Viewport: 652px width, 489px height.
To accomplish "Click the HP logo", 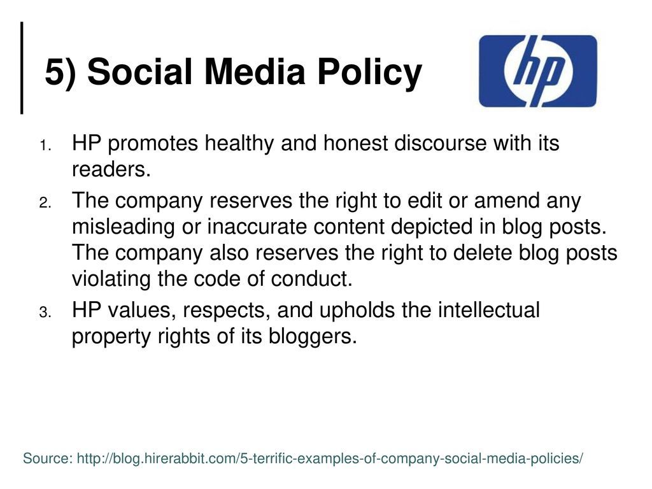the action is (537, 71).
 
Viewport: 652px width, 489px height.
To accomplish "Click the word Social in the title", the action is (139, 71).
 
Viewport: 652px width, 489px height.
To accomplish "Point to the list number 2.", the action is (45, 203).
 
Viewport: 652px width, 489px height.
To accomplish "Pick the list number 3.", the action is (45, 312).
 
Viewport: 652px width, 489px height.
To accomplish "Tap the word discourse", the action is (440, 143).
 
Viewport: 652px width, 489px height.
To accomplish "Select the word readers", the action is (111, 169).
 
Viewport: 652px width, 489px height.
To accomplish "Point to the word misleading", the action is (124, 227).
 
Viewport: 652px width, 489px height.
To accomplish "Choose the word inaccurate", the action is (257, 227).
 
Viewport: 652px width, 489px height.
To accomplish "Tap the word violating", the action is (111, 280).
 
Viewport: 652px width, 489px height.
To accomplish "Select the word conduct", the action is (312, 279).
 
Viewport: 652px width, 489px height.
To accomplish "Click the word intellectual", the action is (489, 310).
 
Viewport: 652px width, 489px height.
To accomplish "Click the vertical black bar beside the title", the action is (22, 67).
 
